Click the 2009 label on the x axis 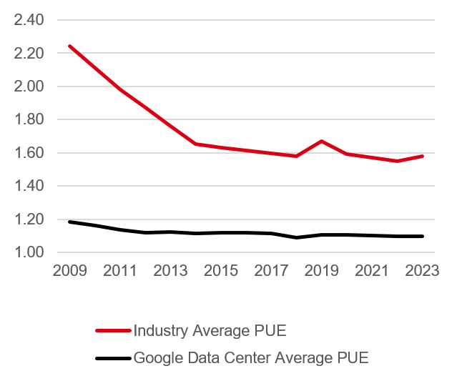(69, 272)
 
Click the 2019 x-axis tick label (321, 272)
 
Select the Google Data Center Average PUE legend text (250, 357)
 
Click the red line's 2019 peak (321, 141)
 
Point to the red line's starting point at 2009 (69, 46)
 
